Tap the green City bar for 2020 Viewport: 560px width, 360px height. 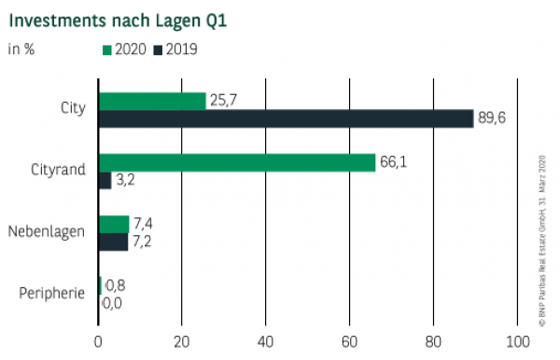151,101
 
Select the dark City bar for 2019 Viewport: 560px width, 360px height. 286,118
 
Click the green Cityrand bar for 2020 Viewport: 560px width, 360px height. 236,162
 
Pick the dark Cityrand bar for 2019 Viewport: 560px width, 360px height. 105,180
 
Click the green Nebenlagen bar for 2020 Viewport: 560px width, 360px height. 113,224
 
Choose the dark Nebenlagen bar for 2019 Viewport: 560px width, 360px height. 113,242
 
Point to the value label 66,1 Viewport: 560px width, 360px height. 393,162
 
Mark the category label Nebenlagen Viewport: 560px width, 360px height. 47,232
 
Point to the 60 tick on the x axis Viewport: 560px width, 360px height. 349,340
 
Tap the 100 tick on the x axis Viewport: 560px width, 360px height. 516,340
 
